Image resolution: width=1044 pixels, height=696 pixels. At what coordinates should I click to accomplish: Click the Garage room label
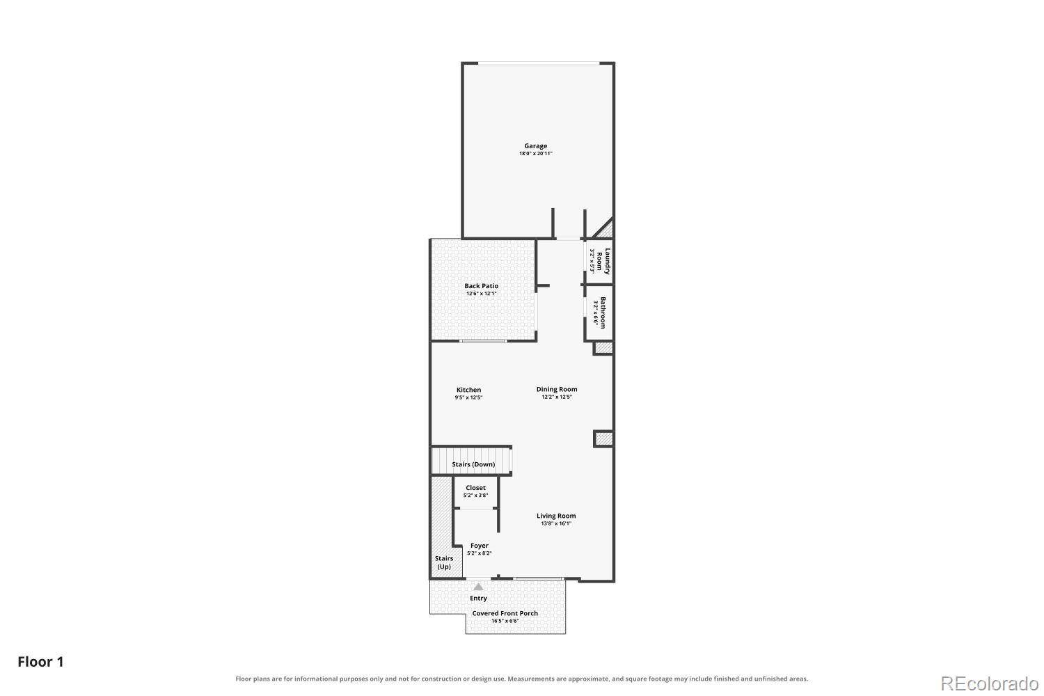(535, 146)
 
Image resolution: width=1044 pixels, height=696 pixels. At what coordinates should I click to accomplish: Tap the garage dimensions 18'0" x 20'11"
(535, 153)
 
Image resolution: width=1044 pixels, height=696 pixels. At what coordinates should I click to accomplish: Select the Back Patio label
(481, 286)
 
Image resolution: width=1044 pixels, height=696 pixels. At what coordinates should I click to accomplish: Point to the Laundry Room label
(603, 261)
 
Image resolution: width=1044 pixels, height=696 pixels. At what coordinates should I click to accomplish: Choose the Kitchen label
(468, 390)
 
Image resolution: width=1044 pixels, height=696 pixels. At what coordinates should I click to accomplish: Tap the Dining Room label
(557, 389)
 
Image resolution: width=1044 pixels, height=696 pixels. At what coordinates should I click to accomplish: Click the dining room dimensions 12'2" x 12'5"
(557, 397)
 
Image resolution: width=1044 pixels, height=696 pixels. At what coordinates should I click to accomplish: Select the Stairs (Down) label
(473, 464)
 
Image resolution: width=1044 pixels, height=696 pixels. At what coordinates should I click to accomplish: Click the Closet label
(475, 488)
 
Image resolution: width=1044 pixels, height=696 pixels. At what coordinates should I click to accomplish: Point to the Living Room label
(556, 516)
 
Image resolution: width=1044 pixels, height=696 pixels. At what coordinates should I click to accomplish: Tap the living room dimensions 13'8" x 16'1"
(556, 523)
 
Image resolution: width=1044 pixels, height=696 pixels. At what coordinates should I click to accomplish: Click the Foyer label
(479, 546)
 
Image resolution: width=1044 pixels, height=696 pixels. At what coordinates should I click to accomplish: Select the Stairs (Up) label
(444, 562)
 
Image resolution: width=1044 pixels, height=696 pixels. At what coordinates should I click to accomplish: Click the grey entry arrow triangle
(479, 587)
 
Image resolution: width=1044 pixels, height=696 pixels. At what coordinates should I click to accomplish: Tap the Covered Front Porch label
(505, 613)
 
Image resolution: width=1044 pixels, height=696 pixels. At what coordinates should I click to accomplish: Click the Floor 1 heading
(40, 661)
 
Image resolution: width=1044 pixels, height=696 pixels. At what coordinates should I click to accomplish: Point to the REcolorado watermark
(990, 684)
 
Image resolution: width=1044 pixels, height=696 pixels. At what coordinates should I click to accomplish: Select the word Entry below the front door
(478, 598)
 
